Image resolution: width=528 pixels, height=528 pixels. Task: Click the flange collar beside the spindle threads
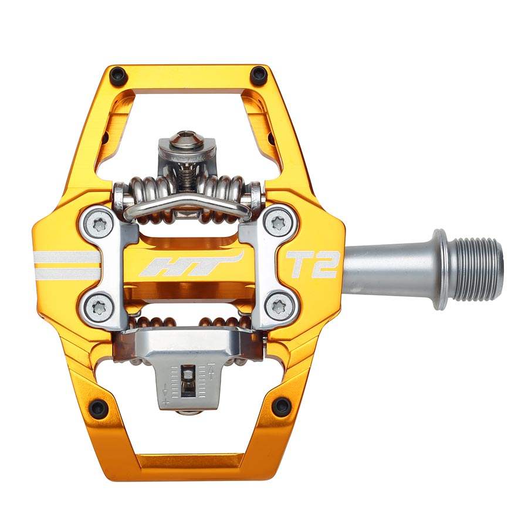441,269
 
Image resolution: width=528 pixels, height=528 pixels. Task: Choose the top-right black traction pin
259,75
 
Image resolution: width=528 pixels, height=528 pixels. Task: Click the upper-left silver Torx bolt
98,223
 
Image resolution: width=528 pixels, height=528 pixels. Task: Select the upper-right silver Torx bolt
279,223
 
